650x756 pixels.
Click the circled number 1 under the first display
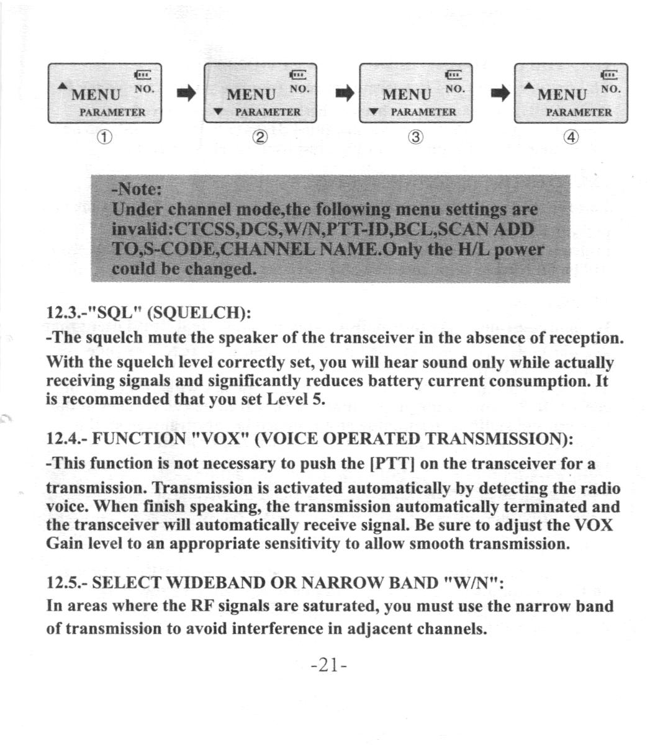click(103, 138)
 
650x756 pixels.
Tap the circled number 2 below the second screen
click(260, 138)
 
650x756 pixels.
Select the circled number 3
click(415, 138)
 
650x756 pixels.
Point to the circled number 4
click(571, 138)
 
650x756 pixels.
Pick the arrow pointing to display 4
click(498, 94)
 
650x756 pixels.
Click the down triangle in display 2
click(218, 112)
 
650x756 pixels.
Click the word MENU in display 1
click(97, 95)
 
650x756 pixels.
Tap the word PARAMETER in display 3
click(423, 112)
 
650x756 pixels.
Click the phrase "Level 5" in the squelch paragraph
click(295, 399)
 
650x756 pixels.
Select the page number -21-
click(328, 665)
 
